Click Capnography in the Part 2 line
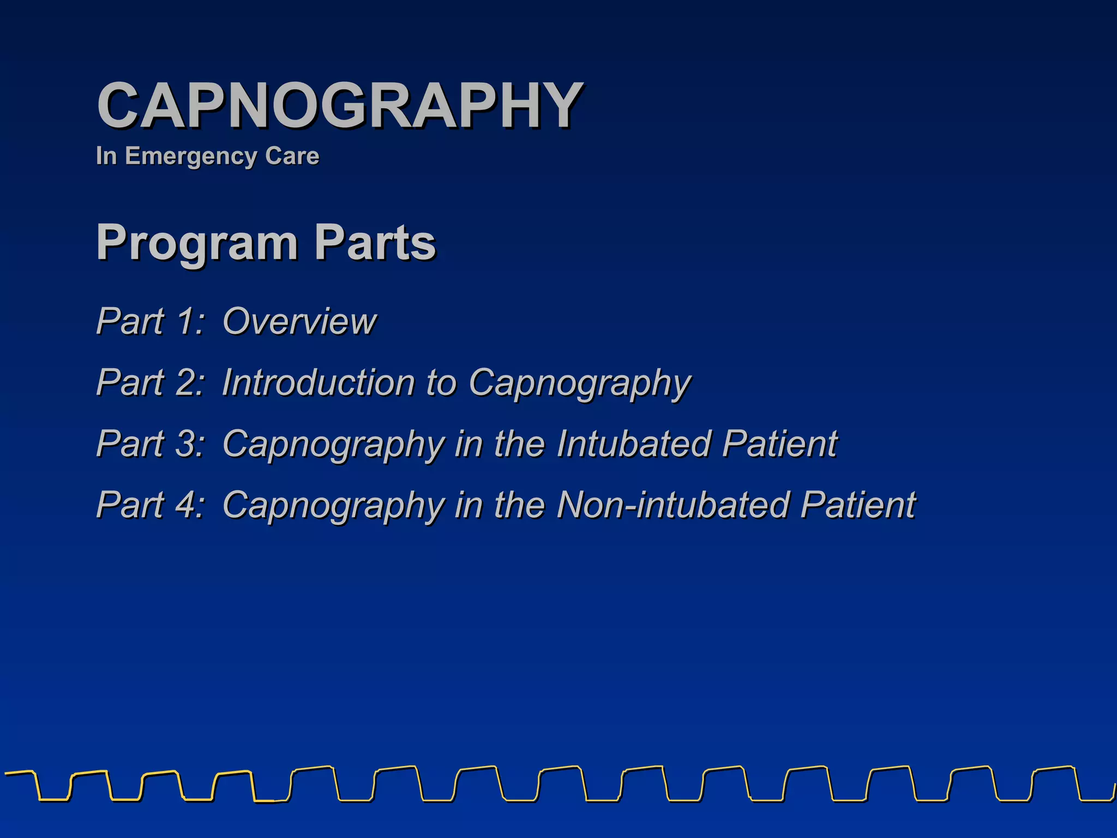[x=580, y=383]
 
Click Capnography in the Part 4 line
[x=334, y=505]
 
